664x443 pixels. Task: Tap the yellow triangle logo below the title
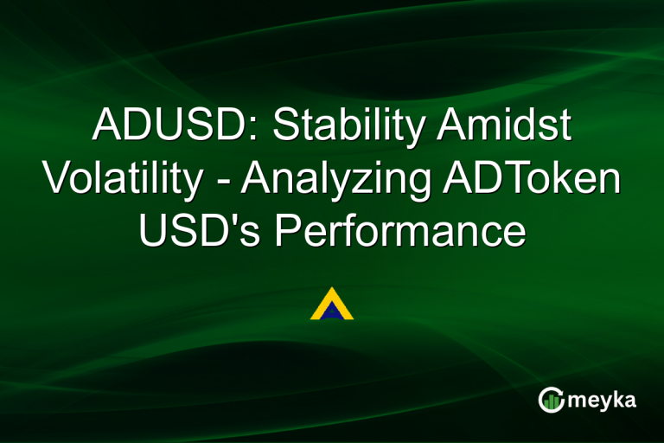(331, 305)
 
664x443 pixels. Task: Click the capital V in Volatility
(56, 179)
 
